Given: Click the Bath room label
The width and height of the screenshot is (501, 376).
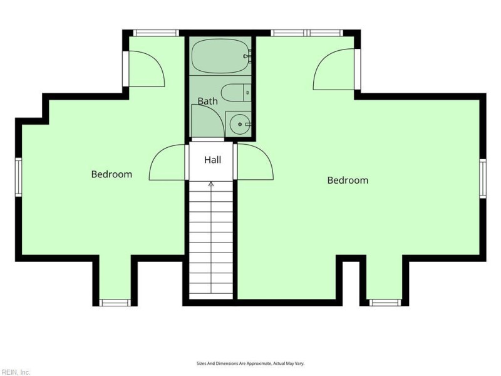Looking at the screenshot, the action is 208,102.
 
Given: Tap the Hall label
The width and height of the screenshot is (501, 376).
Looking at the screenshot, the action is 213,160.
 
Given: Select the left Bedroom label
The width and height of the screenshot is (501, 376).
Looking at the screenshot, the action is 111,174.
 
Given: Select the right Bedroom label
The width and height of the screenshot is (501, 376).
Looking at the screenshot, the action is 348,180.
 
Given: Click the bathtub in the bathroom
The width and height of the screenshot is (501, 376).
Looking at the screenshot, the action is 220,56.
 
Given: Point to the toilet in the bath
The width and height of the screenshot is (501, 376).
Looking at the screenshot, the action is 236,93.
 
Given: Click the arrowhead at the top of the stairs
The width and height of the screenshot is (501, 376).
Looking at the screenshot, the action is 211,184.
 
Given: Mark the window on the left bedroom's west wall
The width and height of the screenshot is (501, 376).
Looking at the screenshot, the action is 19,177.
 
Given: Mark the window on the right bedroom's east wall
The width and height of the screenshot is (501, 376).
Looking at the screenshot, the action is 483,179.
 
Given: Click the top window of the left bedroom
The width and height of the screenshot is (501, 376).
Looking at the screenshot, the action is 156,33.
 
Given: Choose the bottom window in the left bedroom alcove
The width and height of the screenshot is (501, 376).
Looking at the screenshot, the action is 115,303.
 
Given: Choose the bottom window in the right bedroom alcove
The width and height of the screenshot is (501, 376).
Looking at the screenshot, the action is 385,303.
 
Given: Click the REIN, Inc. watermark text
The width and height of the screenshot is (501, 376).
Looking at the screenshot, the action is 15,372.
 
